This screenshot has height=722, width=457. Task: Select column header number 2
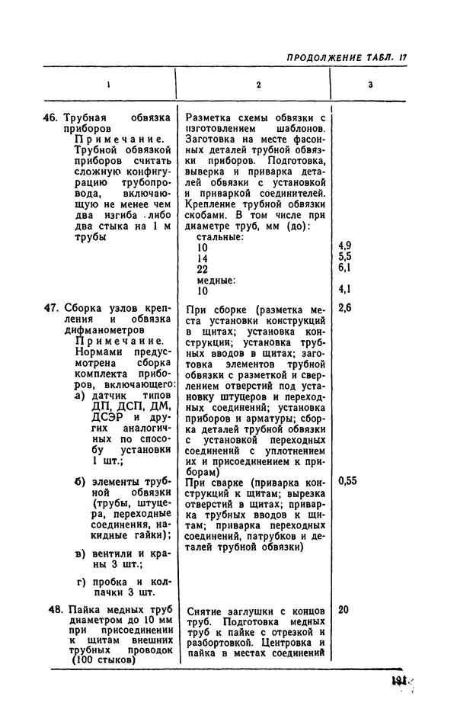coord(258,85)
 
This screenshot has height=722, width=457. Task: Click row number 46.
coord(51,119)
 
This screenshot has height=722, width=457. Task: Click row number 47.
coord(51,309)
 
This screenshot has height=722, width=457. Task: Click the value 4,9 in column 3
coord(344,246)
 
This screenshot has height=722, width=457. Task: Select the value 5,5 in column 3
coord(344,257)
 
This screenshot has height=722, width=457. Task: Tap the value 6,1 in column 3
coord(344,268)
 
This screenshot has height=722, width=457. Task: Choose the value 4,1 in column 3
coord(344,290)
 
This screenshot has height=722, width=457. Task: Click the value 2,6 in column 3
coord(344,308)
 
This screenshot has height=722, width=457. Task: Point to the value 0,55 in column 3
coord(347,481)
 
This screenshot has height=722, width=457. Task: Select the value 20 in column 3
coord(344,610)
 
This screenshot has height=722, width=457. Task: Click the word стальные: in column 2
coord(220,238)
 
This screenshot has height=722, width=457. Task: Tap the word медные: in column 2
coord(217,281)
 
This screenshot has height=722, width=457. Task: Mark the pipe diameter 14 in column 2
coord(203,259)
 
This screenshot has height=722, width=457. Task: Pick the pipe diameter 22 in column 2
coord(203,270)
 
